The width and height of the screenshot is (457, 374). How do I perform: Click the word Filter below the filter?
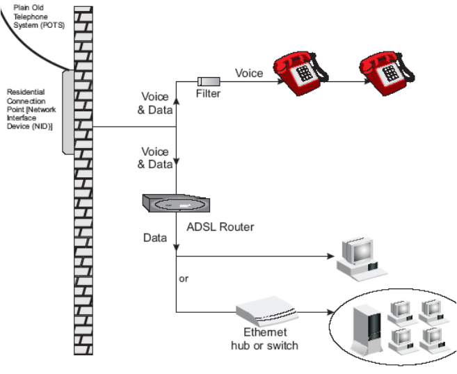[209, 93]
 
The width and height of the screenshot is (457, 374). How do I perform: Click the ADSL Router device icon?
[174, 203]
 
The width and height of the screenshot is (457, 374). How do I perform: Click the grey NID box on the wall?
[68, 111]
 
